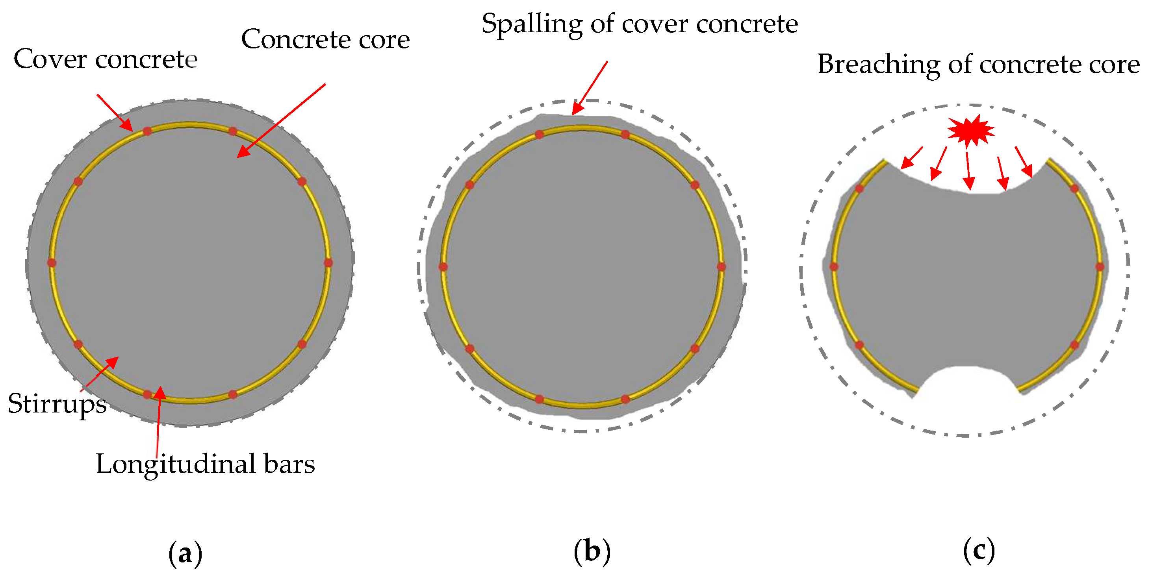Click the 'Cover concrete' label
pos(106,59)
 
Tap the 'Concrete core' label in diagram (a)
pos(325,40)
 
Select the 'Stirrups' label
pos(57,404)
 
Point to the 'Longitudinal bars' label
pos(205,464)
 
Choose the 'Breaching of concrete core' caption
pos(978,64)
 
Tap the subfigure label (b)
pos(592,551)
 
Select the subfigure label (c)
pos(979,550)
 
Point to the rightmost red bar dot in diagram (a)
pos(328,263)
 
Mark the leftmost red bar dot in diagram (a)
pos(52,263)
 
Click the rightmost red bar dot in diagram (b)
pos(722,267)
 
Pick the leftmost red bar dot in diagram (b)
pos(443,267)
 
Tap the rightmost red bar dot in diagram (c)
pos(1100,267)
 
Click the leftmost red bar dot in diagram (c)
pos(834,267)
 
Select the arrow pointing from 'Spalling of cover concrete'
pos(589,88)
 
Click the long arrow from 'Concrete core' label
pos(281,120)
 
